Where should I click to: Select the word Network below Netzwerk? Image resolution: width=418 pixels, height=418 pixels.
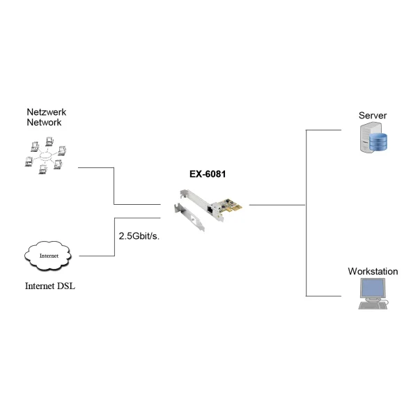pos(44,122)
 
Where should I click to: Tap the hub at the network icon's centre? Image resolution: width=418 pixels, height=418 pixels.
pos(43,156)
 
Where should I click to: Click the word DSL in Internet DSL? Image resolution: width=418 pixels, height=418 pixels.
pos(65,286)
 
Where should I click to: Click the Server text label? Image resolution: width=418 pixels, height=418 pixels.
pos(372,115)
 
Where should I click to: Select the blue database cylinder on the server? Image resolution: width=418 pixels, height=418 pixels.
pos(378,144)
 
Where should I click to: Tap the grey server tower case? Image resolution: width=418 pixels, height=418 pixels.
pos(364,138)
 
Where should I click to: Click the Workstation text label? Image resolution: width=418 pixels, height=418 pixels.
pos(373,272)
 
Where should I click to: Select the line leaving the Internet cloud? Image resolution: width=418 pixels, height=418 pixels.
pos(98,256)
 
